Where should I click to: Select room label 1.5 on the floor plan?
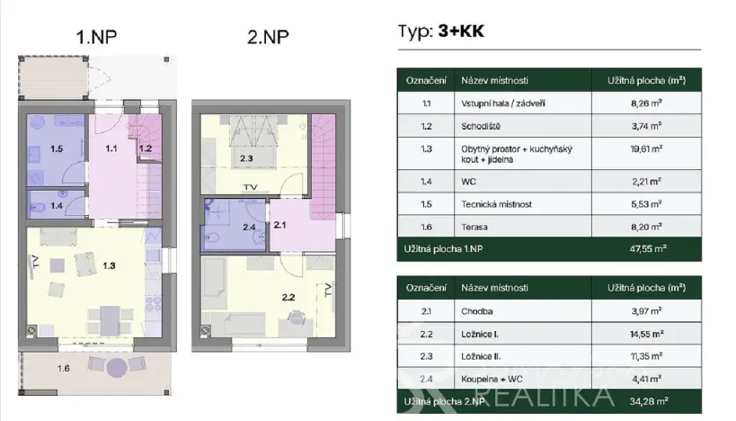point(56,147)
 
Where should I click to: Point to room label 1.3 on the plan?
point(109,265)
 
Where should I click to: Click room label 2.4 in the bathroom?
point(249,227)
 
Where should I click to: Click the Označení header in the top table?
point(425,79)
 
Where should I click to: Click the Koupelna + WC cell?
point(490,378)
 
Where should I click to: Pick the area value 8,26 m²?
point(646,103)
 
